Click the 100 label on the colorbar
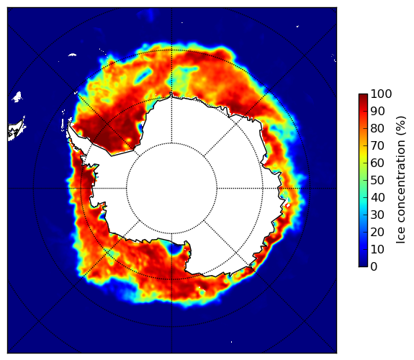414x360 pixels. click(x=381, y=94)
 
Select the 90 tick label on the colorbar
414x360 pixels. click(x=377, y=111)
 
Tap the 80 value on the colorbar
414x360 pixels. click(x=377, y=128)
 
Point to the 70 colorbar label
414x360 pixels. click(x=377, y=145)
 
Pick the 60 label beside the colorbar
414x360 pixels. click(x=377, y=163)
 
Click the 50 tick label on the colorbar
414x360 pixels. click(x=377, y=181)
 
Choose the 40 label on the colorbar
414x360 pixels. click(x=377, y=197)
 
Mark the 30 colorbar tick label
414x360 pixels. click(x=377, y=215)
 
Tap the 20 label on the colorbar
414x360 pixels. click(x=377, y=232)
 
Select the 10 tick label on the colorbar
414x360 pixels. click(x=377, y=249)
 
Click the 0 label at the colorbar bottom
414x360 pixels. click(x=374, y=267)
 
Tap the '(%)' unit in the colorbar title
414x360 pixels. click(x=400, y=126)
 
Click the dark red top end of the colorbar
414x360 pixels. click(x=363, y=95)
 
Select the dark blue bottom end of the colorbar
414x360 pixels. click(x=363, y=265)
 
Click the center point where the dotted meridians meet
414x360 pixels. click(x=171, y=189)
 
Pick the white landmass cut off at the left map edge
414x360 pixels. click(x=16, y=129)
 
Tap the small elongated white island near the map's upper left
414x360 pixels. click(x=72, y=55)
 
